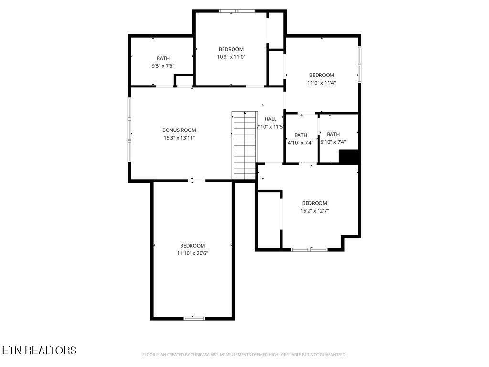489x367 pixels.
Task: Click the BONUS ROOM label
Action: click(179, 130)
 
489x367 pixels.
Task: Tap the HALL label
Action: click(270, 119)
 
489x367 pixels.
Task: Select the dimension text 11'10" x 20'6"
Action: click(192, 253)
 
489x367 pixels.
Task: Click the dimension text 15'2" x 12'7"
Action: click(314, 211)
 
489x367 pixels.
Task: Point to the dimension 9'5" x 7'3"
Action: click(163, 66)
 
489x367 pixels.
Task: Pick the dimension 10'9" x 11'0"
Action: click(231, 57)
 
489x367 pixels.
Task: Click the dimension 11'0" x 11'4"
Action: click(321, 83)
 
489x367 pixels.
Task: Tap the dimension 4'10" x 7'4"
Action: click(300, 143)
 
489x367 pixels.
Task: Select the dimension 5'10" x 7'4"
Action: click(333, 142)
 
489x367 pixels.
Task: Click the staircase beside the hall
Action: click(245, 145)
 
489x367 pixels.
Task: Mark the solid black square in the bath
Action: click(348, 157)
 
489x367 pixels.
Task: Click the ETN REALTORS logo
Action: click(39, 350)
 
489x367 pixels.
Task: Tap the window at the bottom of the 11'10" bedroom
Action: click(194, 318)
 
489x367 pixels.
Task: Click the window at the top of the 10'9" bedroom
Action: click(237, 11)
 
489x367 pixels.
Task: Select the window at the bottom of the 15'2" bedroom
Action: click(309, 249)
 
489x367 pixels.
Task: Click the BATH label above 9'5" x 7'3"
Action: click(163, 58)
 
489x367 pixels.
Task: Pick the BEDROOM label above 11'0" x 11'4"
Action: click(321, 75)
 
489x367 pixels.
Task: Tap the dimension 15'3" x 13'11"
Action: click(179, 138)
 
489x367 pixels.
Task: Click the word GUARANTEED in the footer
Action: click(334, 355)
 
